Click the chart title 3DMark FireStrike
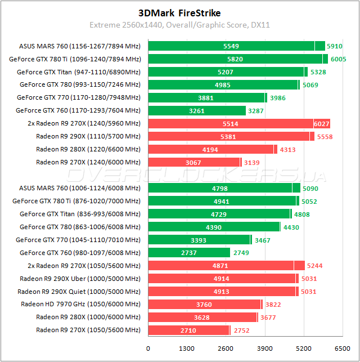point(179,12)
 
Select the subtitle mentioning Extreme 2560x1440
point(179,25)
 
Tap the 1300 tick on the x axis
point(187,348)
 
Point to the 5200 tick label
point(304,348)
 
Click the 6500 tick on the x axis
point(342,348)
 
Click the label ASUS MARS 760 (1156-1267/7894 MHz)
point(79,46)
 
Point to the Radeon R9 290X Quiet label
point(79,292)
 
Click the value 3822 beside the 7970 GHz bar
point(273,305)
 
